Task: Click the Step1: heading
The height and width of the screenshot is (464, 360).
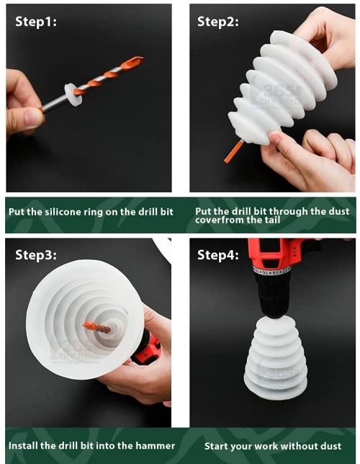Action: pyautogui.click(x=36, y=22)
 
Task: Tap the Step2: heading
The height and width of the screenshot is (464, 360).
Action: pyautogui.click(x=218, y=22)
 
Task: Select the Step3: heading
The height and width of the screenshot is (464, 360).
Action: pyautogui.click(x=36, y=255)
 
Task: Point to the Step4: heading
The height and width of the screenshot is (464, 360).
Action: pyautogui.click(x=218, y=255)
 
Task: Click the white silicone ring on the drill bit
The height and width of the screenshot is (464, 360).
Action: pyautogui.click(x=73, y=94)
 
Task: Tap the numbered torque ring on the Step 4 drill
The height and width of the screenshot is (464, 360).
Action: pyautogui.click(x=272, y=270)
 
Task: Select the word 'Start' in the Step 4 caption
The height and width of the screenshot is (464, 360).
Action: pyautogui.click(x=215, y=446)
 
